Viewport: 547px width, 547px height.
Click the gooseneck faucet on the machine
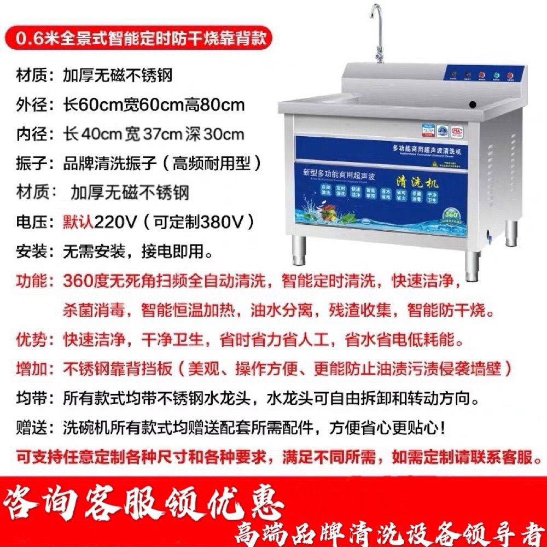[x=377, y=33]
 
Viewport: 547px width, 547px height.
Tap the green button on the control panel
[x=496, y=75]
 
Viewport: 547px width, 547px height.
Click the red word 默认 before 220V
[x=79, y=223]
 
